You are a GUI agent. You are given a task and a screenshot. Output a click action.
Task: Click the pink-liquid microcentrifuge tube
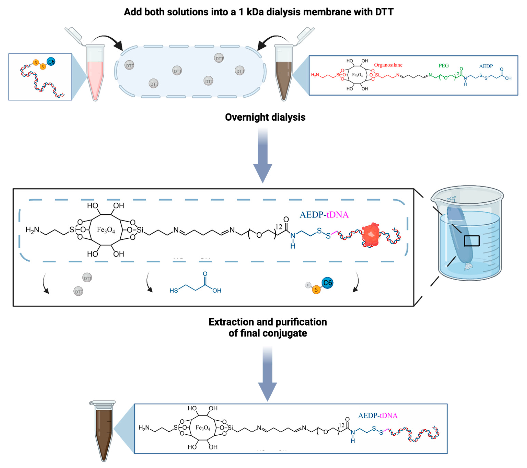click(95, 77)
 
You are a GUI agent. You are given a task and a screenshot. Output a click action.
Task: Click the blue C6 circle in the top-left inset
click(51, 62)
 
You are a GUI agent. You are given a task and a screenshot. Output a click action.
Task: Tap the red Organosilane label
click(388, 65)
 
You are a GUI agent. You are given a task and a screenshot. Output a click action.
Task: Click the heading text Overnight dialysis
click(265, 117)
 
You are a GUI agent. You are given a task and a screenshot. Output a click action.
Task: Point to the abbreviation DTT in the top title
click(384, 12)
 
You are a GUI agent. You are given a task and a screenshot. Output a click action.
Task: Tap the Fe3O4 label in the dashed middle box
click(106, 230)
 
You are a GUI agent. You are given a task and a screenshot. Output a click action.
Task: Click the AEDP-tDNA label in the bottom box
click(378, 416)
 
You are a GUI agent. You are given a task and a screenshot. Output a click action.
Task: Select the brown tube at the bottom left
click(104, 430)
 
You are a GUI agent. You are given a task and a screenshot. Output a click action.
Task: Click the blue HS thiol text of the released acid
click(174, 291)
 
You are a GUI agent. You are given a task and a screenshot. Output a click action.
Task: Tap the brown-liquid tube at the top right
click(284, 77)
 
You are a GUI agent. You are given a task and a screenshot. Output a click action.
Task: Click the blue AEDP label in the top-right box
click(486, 66)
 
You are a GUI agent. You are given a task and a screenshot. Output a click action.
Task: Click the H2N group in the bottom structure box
click(144, 428)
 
